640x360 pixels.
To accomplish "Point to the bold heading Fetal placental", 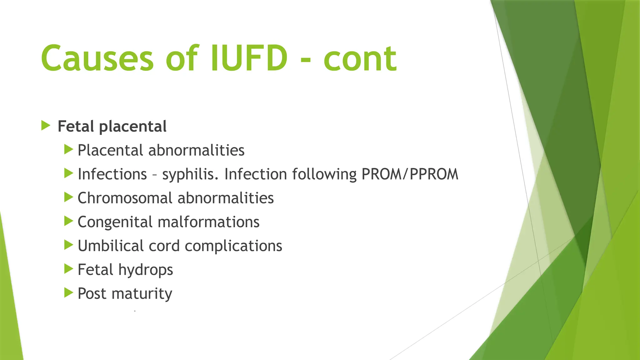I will [112, 127].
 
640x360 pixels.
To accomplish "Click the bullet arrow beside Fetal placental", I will [46, 126].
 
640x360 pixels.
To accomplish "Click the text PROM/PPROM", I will [410, 174].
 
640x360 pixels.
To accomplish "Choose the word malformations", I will [208, 222].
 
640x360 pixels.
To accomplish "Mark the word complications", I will [233, 246].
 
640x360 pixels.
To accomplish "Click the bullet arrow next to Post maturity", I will [68, 293].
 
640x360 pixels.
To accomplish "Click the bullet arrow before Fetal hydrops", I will [68, 269].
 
